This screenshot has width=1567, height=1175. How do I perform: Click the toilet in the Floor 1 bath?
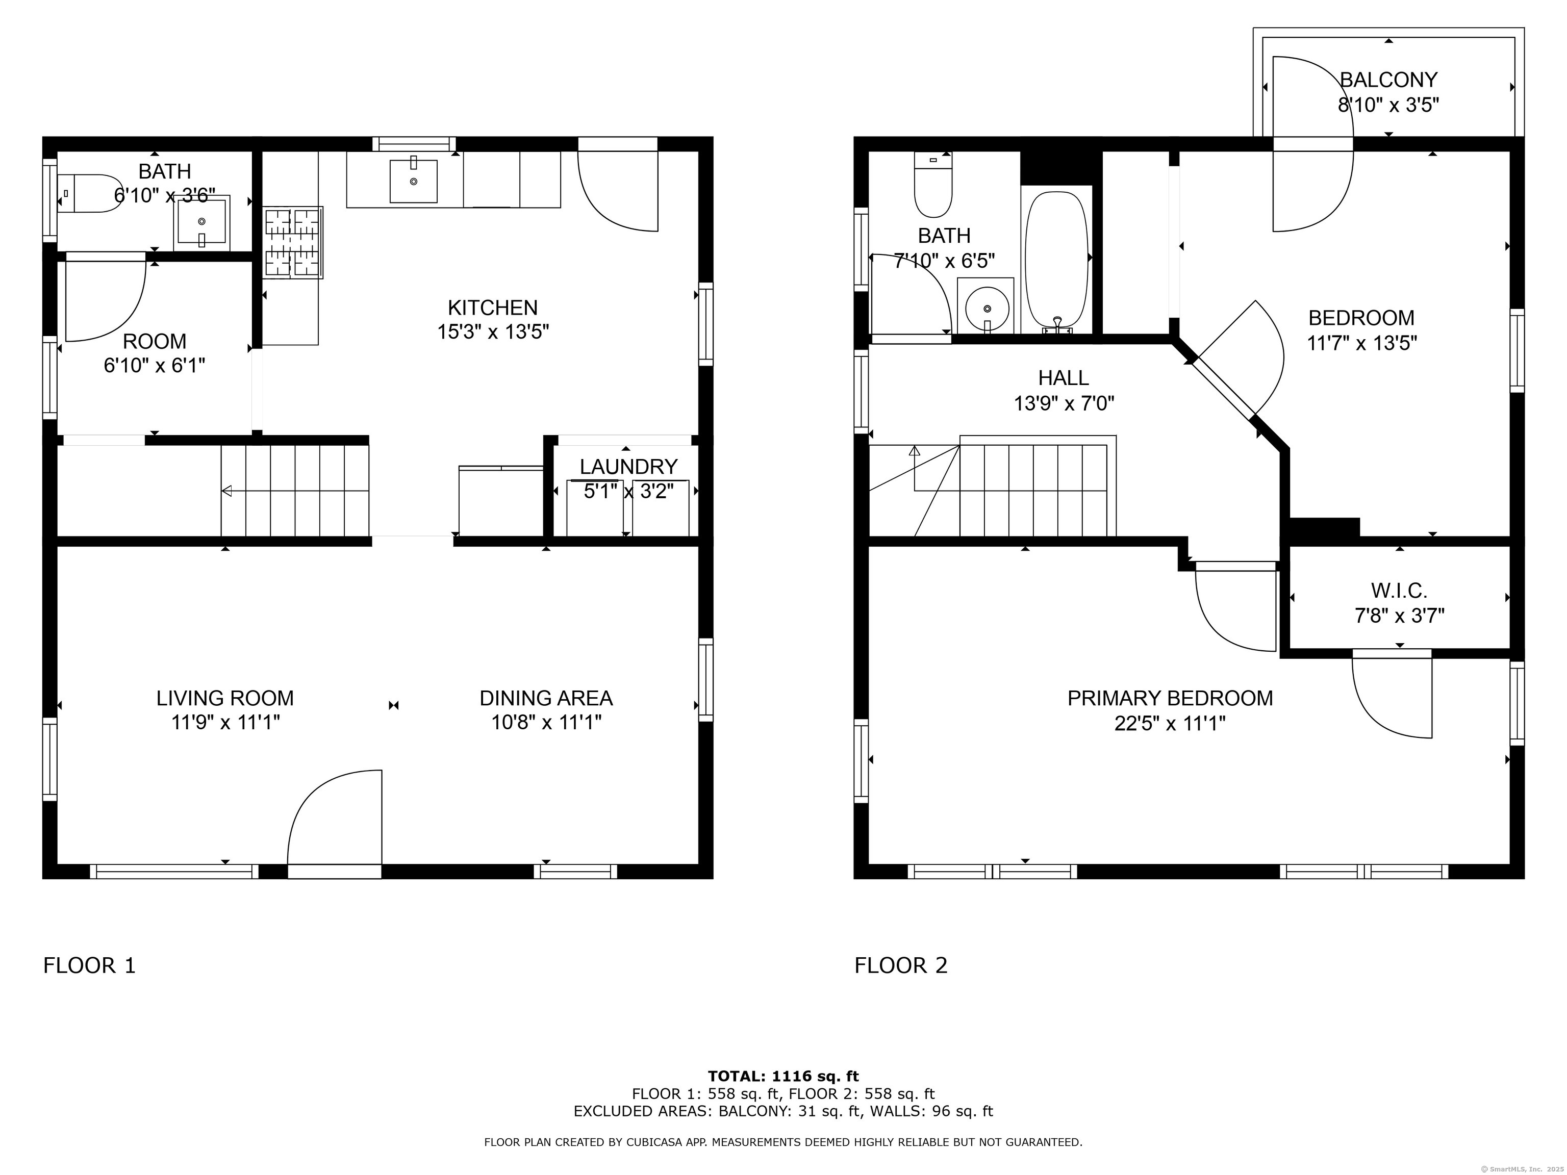89,193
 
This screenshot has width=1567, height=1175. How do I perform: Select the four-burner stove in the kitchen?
293,242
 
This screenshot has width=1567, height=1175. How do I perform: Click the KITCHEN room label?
493,308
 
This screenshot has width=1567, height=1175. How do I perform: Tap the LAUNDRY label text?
628,467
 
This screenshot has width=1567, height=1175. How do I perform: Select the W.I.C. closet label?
1399,590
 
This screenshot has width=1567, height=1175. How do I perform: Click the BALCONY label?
1388,80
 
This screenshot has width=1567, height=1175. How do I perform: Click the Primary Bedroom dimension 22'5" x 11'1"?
1170,723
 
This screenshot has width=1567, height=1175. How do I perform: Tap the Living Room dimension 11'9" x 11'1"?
225,723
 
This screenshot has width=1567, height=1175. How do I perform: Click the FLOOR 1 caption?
89,965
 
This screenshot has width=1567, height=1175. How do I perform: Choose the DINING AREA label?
546,698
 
